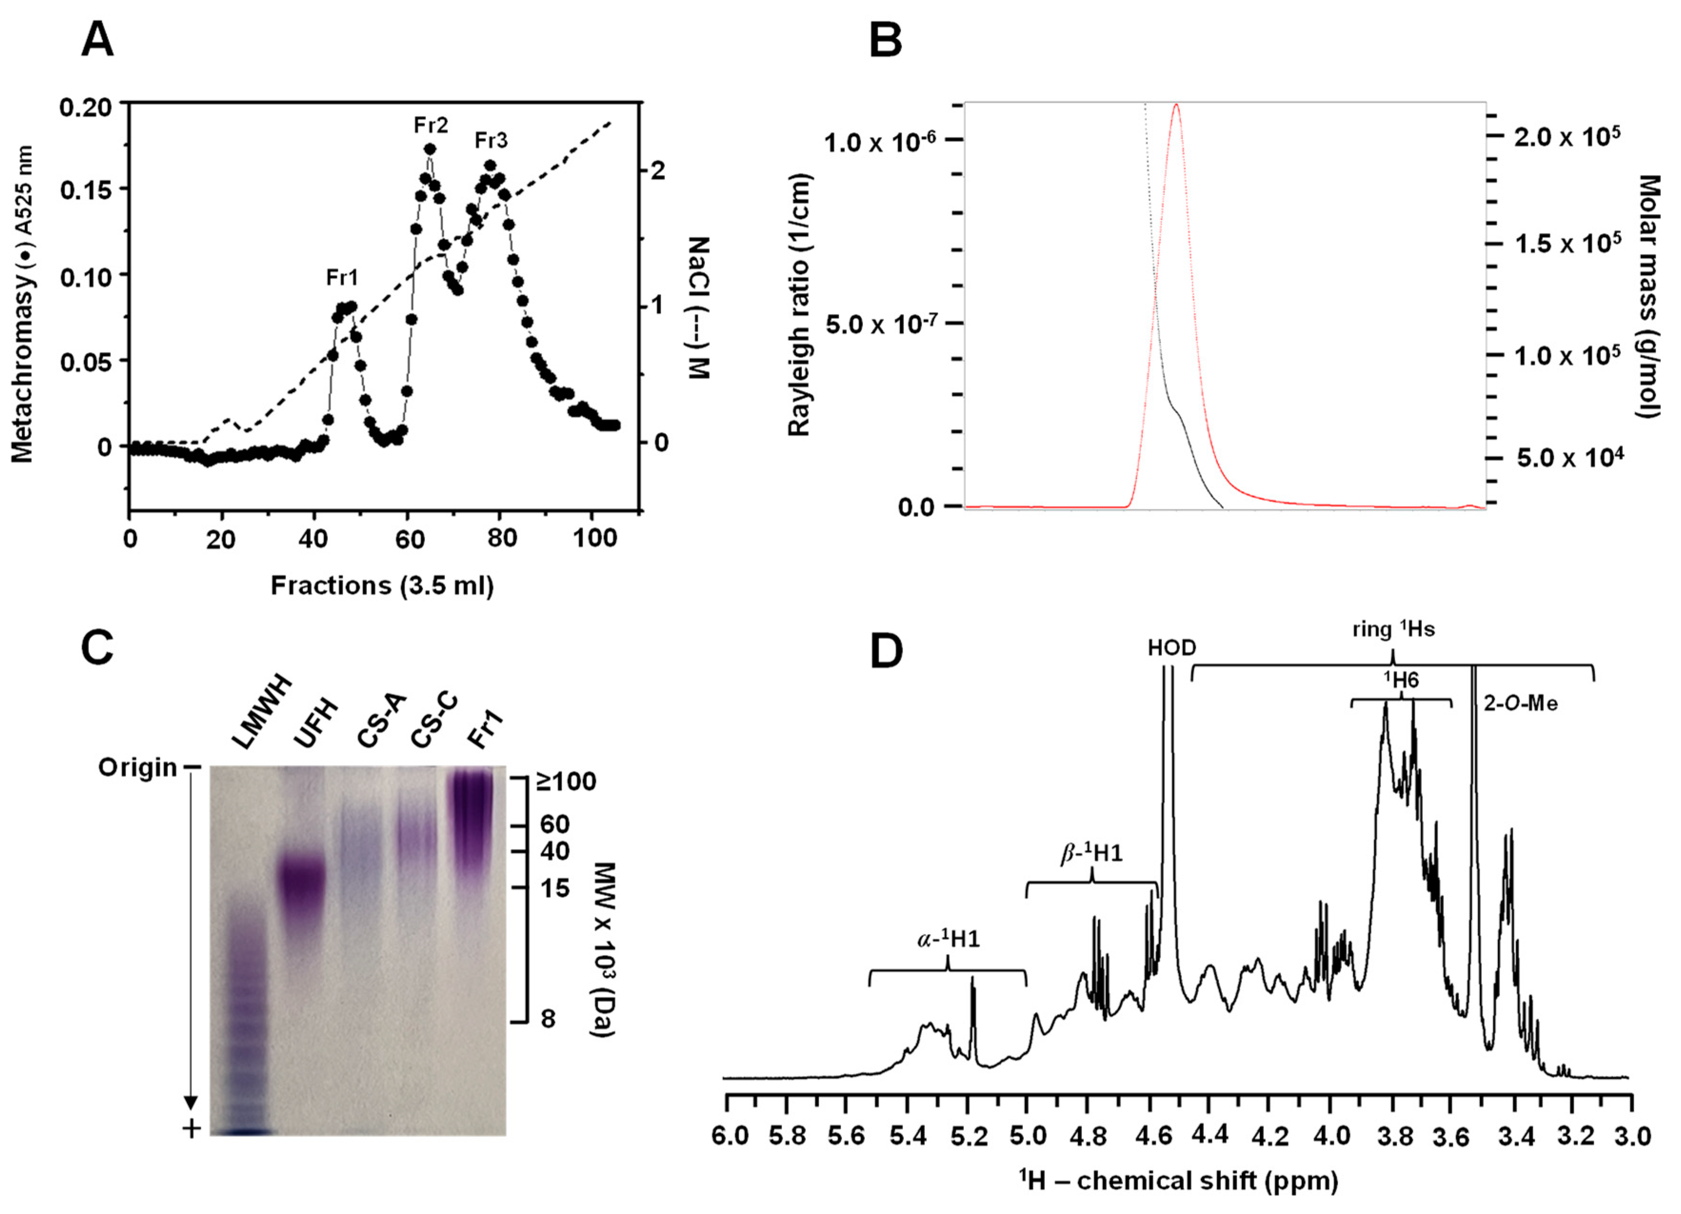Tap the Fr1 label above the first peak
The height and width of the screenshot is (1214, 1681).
[x=342, y=278]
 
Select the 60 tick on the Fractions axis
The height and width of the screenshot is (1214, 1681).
[x=409, y=539]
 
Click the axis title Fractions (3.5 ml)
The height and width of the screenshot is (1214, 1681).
[x=382, y=586]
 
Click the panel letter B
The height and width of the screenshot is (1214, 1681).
[x=885, y=41]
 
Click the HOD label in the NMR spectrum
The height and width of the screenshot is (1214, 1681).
[x=1172, y=648]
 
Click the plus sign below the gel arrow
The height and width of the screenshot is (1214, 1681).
[x=192, y=1129]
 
